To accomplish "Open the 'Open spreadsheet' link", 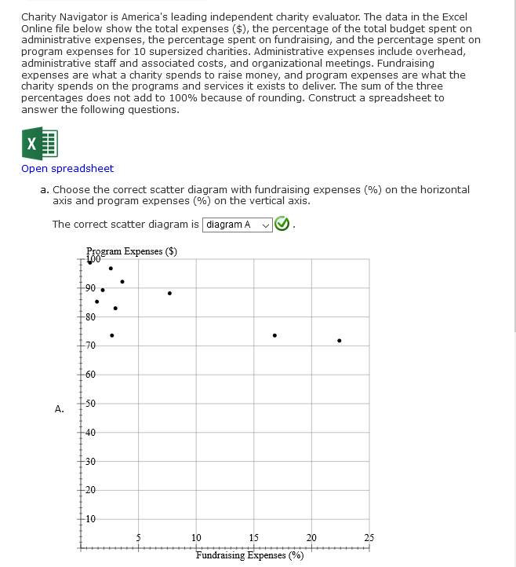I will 67,169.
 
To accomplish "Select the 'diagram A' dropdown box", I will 238,225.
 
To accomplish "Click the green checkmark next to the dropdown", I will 282,225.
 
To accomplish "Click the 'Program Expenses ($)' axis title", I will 132,251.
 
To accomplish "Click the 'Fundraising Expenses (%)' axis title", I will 249,555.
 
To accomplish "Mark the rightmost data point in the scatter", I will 339,341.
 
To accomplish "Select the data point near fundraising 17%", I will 274,335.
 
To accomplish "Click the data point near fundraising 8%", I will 169,294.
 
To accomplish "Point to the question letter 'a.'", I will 45,189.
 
